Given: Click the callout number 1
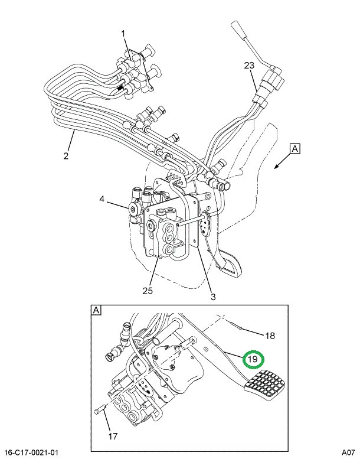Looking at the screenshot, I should coord(124,34).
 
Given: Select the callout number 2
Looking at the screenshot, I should coord(66,156).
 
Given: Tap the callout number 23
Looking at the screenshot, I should coord(248,66).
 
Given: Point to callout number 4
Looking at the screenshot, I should coord(102,200).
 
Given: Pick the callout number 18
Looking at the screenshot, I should coord(269,336).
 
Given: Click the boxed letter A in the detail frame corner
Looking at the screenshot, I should coord(95,310).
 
